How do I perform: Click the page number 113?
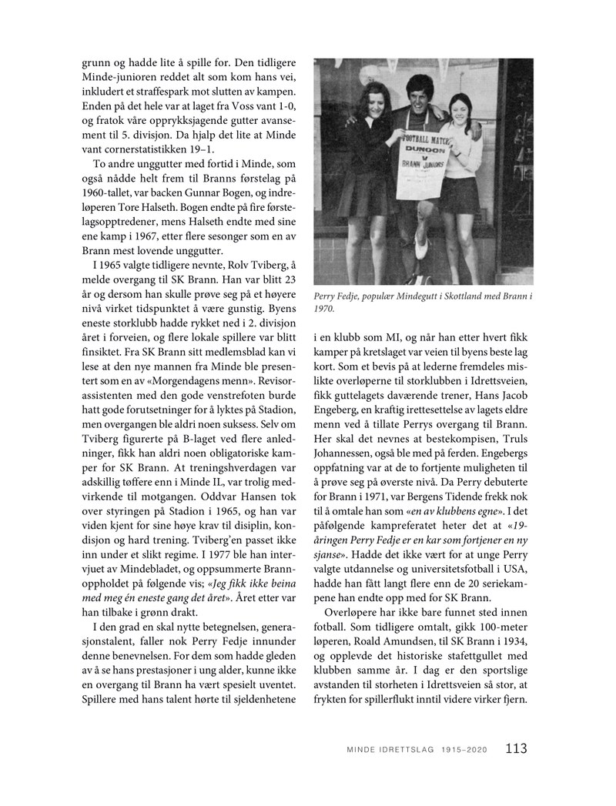pos(516,747)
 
